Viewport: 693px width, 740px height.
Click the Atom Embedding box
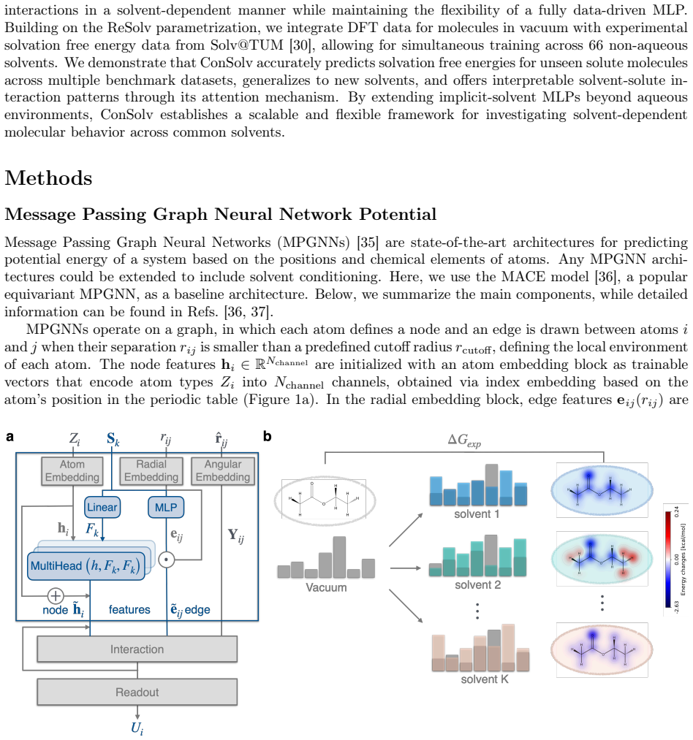[x=72, y=470]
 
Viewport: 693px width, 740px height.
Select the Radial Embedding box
[x=151, y=470]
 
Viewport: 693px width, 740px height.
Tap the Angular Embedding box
[x=223, y=470]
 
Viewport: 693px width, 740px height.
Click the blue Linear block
[x=102, y=507]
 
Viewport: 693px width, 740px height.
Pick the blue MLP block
[x=166, y=507]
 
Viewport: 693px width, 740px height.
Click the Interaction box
[x=137, y=649]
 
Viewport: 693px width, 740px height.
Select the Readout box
[x=137, y=693]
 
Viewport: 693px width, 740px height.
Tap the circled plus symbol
[x=56, y=595]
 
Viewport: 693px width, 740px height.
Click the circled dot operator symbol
[x=166, y=560]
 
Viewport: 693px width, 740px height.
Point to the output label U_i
[x=137, y=728]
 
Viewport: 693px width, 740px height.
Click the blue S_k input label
[x=113, y=439]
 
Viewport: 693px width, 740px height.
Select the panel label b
[x=268, y=437]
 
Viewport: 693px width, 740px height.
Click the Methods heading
[x=49, y=178]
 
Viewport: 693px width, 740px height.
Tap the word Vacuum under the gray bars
[x=326, y=587]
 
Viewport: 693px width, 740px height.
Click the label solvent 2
[x=477, y=584]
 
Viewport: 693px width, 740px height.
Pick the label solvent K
[x=485, y=679]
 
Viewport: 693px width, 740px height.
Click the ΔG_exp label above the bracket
[x=464, y=440]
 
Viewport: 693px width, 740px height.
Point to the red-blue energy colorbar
[x=668, y=560]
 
